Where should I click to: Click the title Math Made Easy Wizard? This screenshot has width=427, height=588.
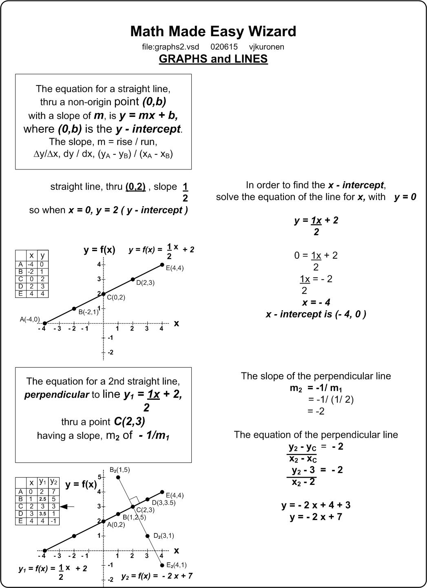[x=213, y=31]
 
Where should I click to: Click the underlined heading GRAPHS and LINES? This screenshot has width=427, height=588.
[x=213, y=59]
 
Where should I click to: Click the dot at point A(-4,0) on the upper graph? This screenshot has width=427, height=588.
[x=45, y=324]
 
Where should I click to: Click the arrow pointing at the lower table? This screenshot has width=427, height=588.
[x=67, y=507]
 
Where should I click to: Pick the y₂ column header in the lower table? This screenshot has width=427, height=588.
[x=53, y=482]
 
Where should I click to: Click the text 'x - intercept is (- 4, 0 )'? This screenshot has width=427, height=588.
[x=316, y=314]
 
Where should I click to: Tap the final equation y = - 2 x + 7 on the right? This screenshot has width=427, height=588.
[x=316, y=517]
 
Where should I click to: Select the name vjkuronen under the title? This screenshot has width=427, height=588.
[x=266, y=47]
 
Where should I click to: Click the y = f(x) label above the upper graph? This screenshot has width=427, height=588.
[x=100, y=250]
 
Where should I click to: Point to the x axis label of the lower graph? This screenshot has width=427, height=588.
[x=176, y=551]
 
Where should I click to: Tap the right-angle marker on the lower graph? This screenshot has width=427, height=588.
[x=134, y=500]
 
